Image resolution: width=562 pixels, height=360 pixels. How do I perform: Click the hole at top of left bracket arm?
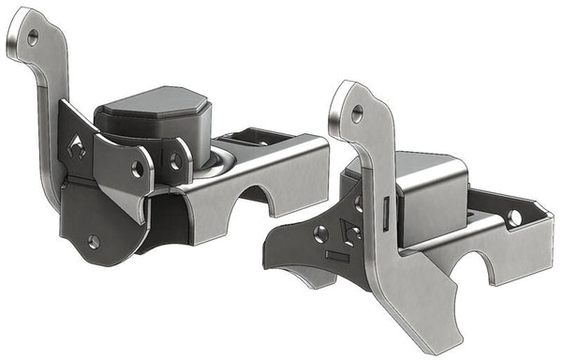33,37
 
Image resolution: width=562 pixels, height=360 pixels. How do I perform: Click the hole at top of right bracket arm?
357,114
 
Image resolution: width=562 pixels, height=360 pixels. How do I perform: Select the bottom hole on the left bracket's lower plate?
94,241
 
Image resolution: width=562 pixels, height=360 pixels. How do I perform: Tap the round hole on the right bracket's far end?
514,217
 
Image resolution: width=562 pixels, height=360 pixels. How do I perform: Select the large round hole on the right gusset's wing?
320,234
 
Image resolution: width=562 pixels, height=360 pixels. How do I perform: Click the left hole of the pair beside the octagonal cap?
138,169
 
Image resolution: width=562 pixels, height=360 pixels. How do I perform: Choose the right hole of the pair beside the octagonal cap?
175,162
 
